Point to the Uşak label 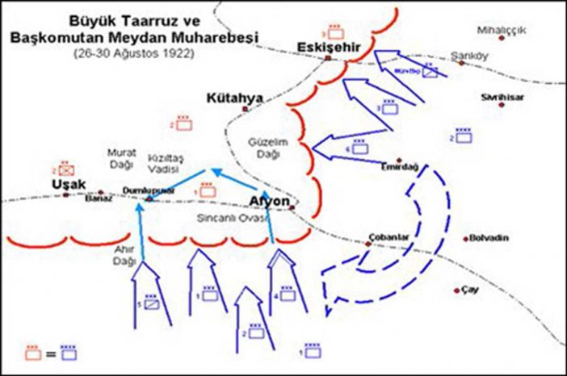pos(64,184)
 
